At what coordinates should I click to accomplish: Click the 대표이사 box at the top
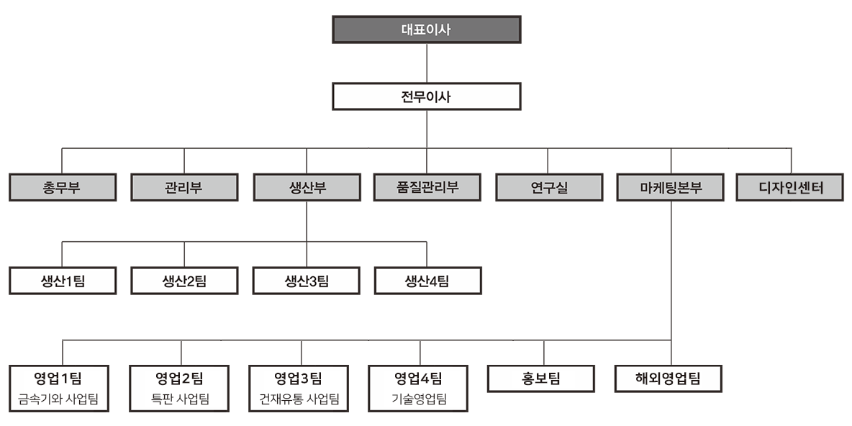click(427, 30)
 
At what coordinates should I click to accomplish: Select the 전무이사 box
click(427, 96)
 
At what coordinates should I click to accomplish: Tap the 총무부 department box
click(62, 189)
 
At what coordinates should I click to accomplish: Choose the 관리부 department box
click(184, 189)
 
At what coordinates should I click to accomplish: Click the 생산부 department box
click(307, 189)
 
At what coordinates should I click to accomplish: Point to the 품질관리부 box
click(427, 189)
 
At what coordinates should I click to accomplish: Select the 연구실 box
click(549, 189)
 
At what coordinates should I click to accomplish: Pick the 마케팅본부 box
click(671, 189)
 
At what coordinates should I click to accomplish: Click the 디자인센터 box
click(791, 189)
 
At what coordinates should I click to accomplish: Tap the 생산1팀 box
click(63, 281)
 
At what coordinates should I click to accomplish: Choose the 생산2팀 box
click(184, 281)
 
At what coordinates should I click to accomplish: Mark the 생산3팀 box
click(306, 281)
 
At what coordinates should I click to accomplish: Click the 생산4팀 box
click(427, 281)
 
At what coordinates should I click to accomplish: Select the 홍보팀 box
click(541, 379)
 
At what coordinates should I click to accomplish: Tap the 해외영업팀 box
click(668, 379)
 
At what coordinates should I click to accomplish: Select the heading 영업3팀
click(299, 378)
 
